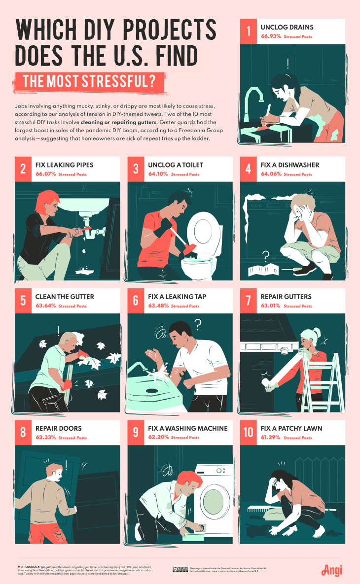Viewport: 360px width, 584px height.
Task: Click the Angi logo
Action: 332,570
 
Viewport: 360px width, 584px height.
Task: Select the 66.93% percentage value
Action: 271,37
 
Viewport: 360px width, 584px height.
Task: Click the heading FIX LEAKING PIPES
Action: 64,165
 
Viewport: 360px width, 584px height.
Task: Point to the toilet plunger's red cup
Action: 188,250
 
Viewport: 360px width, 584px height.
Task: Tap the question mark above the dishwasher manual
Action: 266,256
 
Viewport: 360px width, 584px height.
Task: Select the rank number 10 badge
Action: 249,433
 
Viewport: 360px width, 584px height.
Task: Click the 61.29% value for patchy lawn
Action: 270,438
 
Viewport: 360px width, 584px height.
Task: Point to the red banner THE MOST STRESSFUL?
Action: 89,81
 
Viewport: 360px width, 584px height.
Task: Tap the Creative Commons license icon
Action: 180,569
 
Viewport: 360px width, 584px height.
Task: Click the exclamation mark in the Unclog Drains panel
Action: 287,63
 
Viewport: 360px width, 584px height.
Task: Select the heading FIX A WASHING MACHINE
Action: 187,428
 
